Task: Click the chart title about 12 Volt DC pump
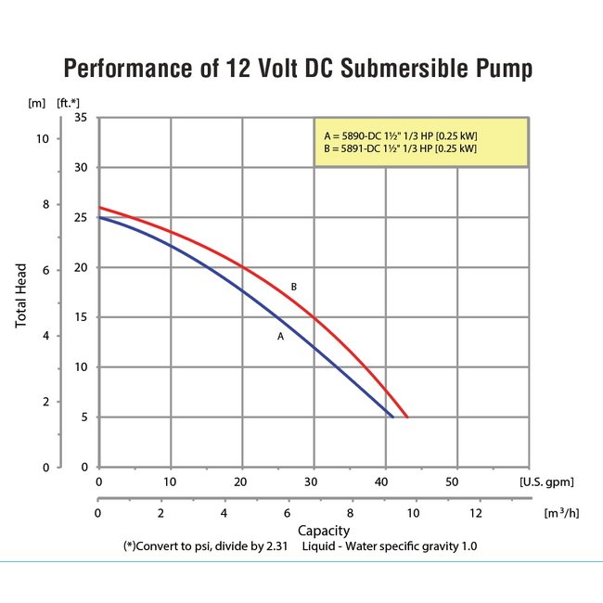(301, 70)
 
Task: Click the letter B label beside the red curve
(294, 287)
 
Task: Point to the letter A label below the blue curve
(279, 337)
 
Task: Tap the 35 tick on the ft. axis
(80, 118)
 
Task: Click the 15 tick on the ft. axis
(80, 317)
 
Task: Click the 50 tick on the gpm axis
(454, 483)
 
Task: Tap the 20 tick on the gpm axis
(241, 483)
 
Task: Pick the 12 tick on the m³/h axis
(478, 513)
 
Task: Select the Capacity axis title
(324, 531)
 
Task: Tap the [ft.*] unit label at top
(67, 101)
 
